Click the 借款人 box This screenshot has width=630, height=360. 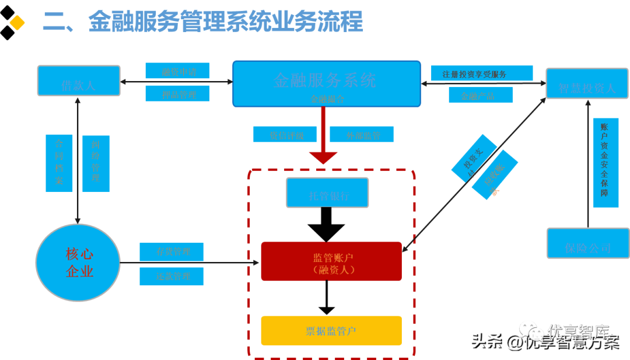coord(79,81)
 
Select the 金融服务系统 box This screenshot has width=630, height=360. coord(326,83)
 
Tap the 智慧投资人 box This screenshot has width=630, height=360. coord(587,83)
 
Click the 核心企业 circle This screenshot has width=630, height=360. coord(78,263)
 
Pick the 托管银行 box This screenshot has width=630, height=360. coord(327,193)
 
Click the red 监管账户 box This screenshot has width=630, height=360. coord(331,261)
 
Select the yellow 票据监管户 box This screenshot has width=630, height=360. coord(331,330)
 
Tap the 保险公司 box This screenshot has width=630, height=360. coord(587,243)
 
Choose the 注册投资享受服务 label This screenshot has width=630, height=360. coord(482,74)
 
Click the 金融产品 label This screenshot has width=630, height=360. coord(480,95)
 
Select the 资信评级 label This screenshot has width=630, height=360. coord(285,134)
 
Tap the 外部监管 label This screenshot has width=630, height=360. coord(362,134)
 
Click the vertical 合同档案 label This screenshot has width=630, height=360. coord(59,163)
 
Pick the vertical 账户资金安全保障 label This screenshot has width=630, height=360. coord(605,163)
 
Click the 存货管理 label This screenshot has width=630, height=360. coord(171,251)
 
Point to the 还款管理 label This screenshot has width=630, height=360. coord(171,276)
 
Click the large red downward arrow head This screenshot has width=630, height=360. coord(323,157)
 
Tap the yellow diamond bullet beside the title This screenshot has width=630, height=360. coord(17,23)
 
